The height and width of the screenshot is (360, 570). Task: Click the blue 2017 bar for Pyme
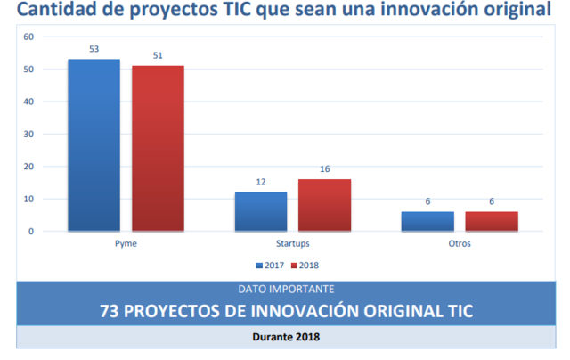94,145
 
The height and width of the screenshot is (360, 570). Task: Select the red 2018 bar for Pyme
158,149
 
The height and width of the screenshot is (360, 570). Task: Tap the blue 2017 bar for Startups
260,212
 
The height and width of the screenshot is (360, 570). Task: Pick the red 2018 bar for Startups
324,205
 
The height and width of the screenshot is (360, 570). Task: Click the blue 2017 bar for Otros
427,222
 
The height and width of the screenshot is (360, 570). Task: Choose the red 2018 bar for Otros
492,222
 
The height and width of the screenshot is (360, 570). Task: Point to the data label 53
94,49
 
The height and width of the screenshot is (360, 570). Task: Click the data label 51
158,55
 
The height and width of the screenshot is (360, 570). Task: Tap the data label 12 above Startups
260,182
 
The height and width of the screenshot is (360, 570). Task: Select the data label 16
324,168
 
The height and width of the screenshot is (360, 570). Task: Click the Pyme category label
126,243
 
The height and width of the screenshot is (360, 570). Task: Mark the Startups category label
293,243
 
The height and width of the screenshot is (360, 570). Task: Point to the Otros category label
460,243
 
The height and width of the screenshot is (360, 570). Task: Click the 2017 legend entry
271,266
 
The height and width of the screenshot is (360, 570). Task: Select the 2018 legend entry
305,266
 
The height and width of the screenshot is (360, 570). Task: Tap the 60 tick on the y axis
28,37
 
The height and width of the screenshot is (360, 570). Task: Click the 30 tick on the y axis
28,134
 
